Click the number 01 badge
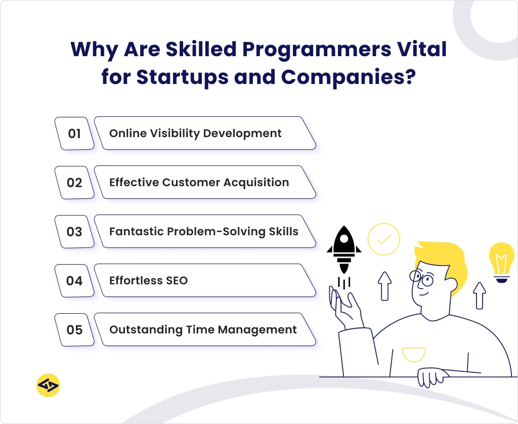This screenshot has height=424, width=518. click(74, 134)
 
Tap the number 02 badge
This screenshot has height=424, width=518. click(74, 183)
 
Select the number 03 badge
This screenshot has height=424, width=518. click(74, 232)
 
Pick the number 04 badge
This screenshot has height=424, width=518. click(74, 280)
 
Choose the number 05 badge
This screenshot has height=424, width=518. click(74, 330)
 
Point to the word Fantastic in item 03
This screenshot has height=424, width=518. click(132, 232)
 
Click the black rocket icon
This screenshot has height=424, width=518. click(344, 250)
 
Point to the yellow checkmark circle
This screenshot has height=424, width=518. click(384, 238)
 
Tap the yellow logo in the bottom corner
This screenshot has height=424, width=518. click(48, 386)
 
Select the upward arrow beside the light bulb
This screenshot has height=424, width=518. click(479, 295)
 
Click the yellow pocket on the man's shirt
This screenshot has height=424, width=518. click(414, 354)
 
